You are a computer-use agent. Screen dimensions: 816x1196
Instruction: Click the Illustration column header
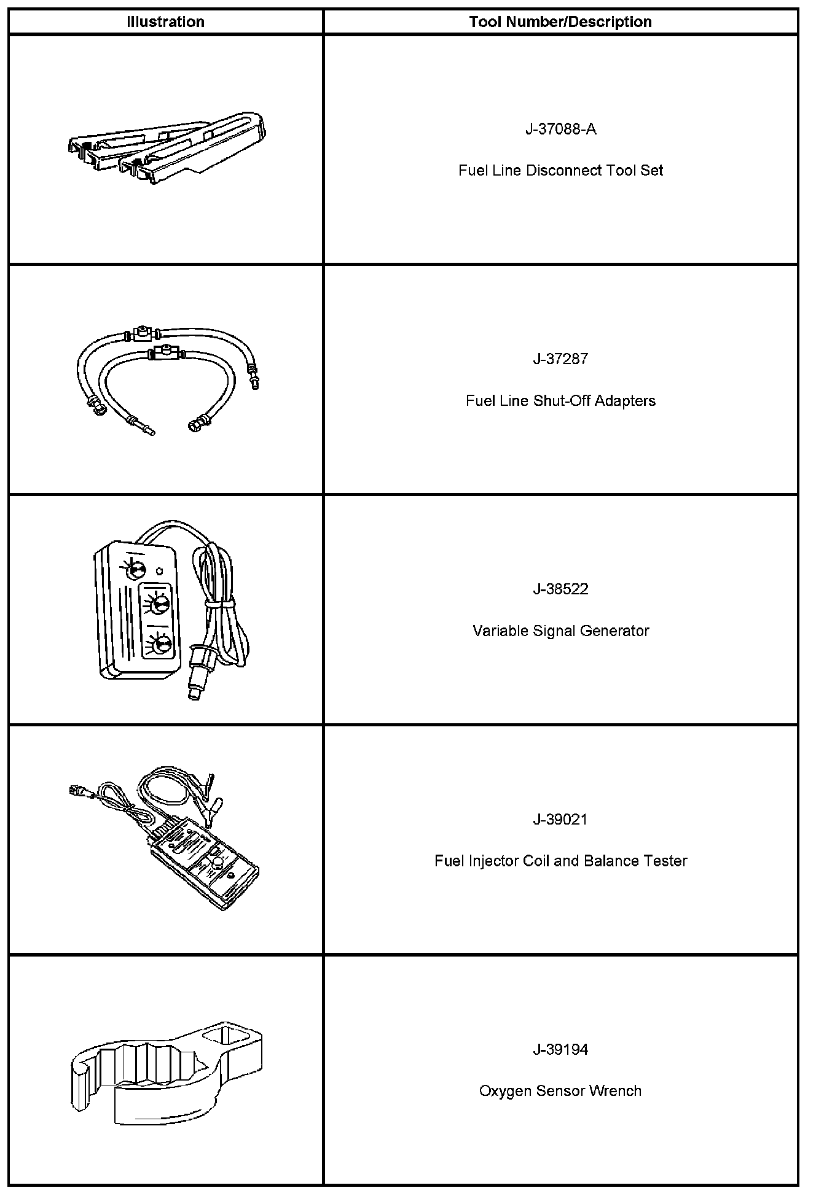165,22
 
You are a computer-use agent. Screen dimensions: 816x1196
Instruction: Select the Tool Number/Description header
560,22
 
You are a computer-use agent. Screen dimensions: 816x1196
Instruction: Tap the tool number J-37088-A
560,129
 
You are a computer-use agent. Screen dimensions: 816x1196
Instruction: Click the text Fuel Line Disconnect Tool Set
560,170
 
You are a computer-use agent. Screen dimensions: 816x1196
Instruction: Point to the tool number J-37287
560,359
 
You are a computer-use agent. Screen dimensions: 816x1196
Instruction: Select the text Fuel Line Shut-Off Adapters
560,400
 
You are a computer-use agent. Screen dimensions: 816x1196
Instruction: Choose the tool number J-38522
560,589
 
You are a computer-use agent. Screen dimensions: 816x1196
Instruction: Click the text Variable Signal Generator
560,631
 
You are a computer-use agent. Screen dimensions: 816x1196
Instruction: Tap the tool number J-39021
560,819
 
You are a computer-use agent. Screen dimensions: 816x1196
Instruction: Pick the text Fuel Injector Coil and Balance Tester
560,861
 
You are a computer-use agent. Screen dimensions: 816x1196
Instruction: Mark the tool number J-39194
560,1049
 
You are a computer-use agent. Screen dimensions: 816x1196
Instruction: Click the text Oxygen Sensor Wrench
560,1091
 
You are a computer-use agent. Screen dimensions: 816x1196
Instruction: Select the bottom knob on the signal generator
162,644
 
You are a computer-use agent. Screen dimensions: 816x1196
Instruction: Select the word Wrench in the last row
615,1091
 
